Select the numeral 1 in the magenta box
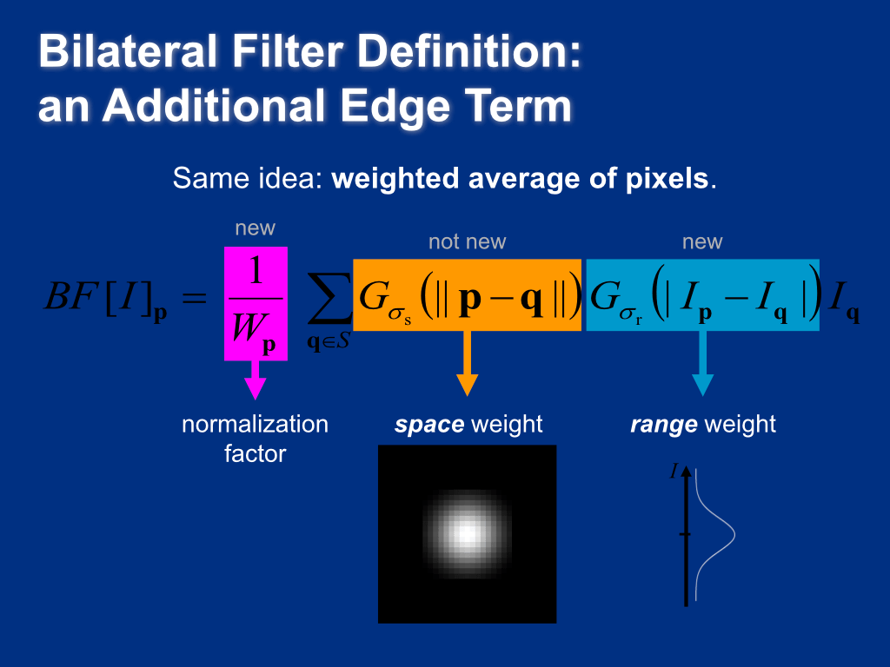(256, 273)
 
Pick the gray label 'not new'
(467, 242)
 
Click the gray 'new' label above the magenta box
(255, 228)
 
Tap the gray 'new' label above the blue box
(702, 242)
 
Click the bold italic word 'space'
(429, 425)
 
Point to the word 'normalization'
(255, 425)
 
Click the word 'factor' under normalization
(255, 452)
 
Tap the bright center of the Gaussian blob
(466, 532)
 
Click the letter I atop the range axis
(674, 472)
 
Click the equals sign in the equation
(196, 300)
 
